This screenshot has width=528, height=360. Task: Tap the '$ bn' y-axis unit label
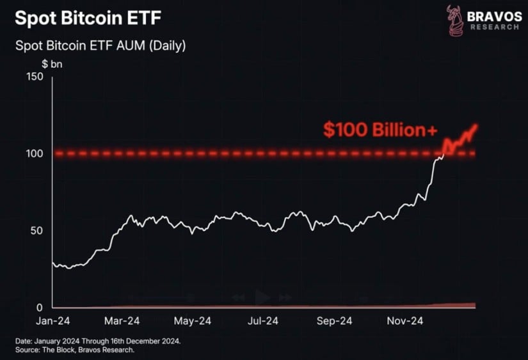(x=52, y=63)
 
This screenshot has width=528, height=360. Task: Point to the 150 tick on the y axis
(x=34, y=77)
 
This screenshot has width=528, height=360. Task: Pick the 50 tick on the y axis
(x=36, y=230)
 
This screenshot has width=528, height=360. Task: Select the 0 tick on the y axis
(x=40, y=307)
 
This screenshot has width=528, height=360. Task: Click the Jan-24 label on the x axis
(x=52, y=321)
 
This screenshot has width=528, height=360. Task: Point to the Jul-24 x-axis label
(x=263, y=321)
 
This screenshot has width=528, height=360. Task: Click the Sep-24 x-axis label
(x=335, y=321)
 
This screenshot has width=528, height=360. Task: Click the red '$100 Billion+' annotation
(x=380, y=130)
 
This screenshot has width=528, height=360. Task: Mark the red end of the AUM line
(x=477, y=125)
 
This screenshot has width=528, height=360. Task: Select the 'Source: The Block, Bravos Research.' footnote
(x=76, y=350)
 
